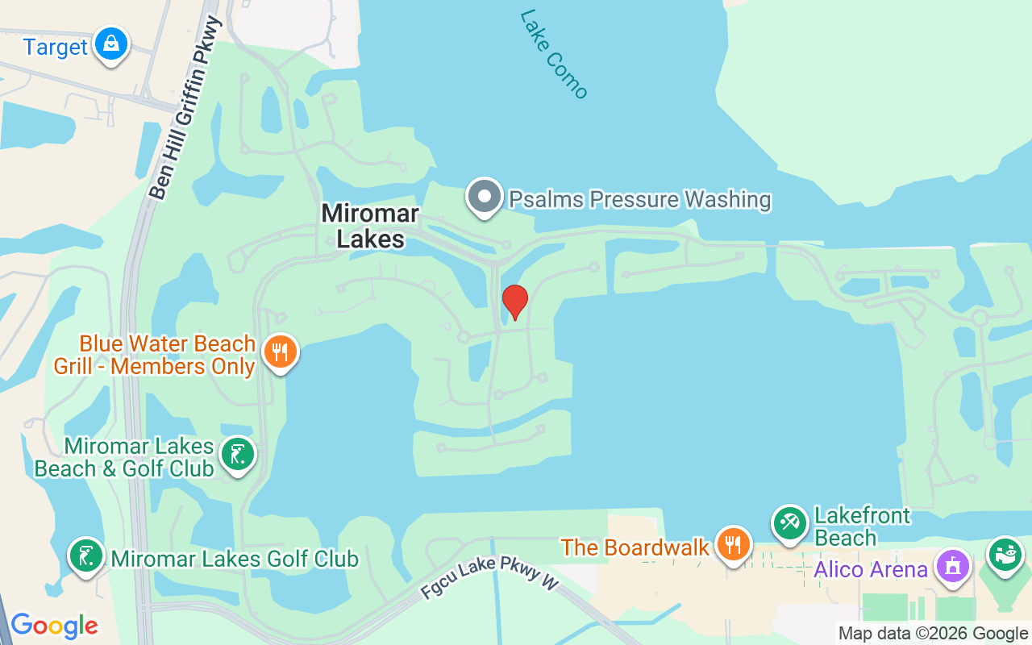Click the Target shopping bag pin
(111, 44)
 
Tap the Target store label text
(55, 47)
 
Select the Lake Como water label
(554, 53)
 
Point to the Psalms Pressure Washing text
(639, 199)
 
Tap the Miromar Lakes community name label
(370, 226)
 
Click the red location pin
(514, 301)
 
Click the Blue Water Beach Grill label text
(155, 355)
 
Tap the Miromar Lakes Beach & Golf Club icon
(237, 455)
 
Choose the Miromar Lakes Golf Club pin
(85, 556)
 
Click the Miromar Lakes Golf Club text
(235, 558)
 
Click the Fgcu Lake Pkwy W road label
(489, 577)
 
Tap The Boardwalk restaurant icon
(733, 545)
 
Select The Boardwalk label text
(635, 547)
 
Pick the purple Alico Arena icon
(953, 564)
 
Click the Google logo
(54, 625)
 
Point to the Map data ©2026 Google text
(934, 634)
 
